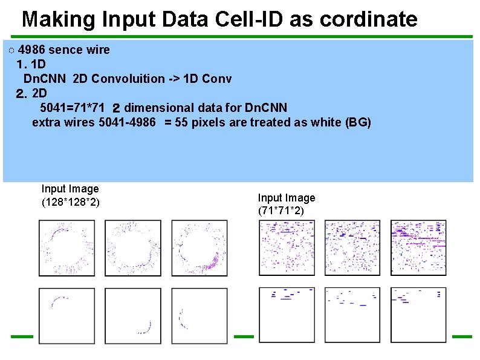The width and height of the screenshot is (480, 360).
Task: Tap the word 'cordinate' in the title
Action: pyautogui.click(x=367, y=19)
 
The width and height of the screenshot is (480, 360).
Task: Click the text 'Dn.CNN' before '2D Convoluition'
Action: pyautogui.click(x=45, y=79)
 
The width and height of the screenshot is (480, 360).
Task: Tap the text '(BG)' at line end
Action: pyautogui.click(x=357, y=122)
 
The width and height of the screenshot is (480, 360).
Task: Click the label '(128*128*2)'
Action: pyautogui.click(x=70, y=201)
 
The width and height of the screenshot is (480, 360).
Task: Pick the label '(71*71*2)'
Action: pyautogui.click(x=282, y=211)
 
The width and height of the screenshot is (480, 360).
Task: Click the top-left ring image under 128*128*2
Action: pyautogui.click(x=66, y=248)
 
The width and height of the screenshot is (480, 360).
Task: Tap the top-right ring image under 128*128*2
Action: pyautogui.click(x=199, y=248)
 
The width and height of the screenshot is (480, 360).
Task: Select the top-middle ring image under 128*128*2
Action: pyautogui.click(x=133, y=248)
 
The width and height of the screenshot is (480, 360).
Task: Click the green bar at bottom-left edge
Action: pyautogui.click(x=21, y=336)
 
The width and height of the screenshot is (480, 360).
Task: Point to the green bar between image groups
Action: pyautogui.click(x=244, y=336)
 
